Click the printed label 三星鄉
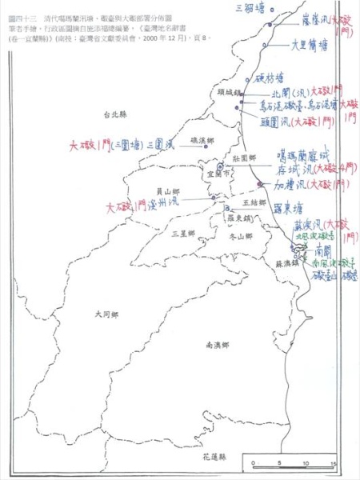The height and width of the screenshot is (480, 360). coord(183,233)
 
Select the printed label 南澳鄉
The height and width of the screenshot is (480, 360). coord(218,345)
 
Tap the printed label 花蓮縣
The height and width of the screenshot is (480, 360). coord(215,455)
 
